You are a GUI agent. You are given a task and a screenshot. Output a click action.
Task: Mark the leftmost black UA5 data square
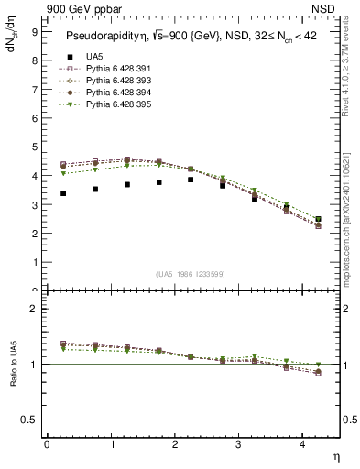tap(62, 193)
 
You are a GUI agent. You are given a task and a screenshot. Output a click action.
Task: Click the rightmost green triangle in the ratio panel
tap(318, 365)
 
